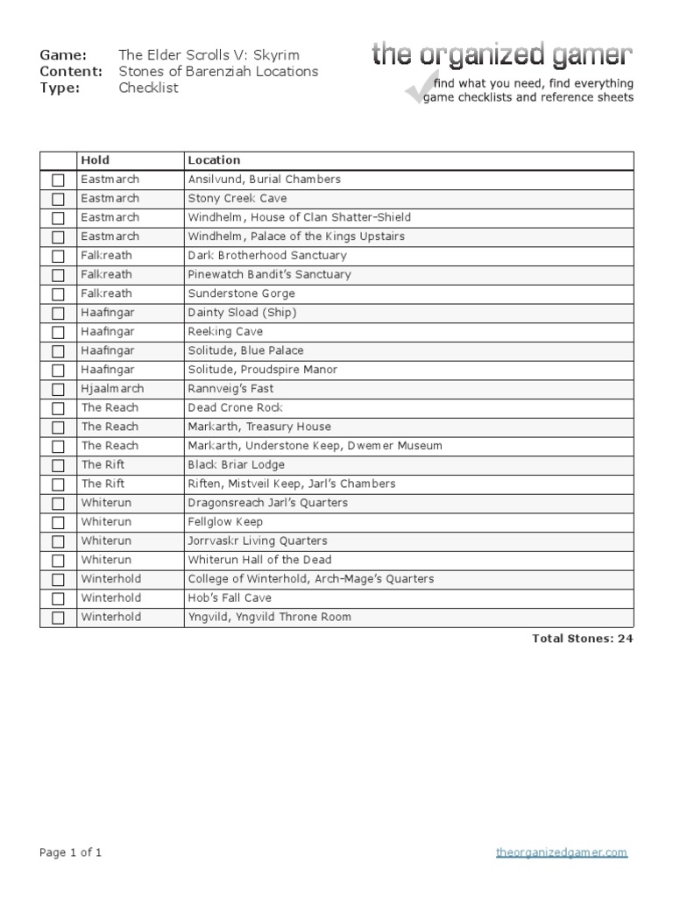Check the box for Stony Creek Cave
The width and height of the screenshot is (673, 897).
click(x=58, y=199)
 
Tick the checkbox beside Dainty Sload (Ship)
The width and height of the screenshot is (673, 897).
click(x=58, y=314)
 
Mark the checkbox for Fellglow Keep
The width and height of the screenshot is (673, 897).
click(x=58, y=523)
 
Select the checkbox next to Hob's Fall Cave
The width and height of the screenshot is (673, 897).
click(x=58, y=599)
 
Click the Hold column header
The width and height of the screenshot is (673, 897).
click(x=96, y=160)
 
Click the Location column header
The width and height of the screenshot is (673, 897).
click(x=214, y=160)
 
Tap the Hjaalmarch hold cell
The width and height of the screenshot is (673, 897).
click(x=112, y=389)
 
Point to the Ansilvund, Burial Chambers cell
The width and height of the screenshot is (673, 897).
click(x=264, y=180)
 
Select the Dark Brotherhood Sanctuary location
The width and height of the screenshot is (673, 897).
click(x=267, y=256)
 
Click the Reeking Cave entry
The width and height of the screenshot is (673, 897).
click(x=225, y=332)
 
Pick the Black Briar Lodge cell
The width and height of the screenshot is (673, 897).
click(x=236, y=465)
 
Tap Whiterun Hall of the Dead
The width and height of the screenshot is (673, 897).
click(x=259, y=560)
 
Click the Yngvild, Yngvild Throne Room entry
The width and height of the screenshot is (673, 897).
click(x=269, y=618)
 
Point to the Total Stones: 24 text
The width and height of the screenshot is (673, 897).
click(x=582, y=639)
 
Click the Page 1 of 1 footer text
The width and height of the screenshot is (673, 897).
click(x=71, y=852)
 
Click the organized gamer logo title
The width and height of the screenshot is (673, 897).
click(x=501, y=56)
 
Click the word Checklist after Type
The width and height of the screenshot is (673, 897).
click(x=148, y=88)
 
